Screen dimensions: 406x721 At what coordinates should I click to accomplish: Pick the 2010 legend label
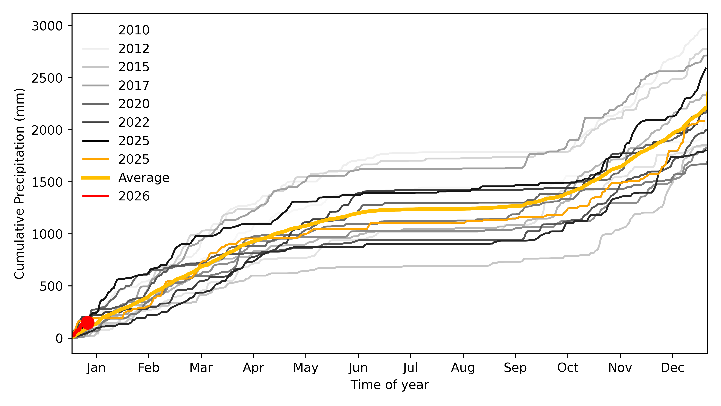tap(134, 30)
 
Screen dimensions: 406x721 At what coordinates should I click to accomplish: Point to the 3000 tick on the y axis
tap(47, 26)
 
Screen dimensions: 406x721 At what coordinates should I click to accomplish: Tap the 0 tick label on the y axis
tap(59, 338)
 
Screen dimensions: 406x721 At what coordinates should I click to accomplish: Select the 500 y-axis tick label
tap(51, 286)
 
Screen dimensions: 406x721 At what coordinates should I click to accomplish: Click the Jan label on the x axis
tap(96, 368)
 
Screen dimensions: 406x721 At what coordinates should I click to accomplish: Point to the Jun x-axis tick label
tap(358, 368)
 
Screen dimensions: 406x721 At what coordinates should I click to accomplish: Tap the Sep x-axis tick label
tap(515, 368)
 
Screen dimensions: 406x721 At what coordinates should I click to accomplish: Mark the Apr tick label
tap(253, 368)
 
